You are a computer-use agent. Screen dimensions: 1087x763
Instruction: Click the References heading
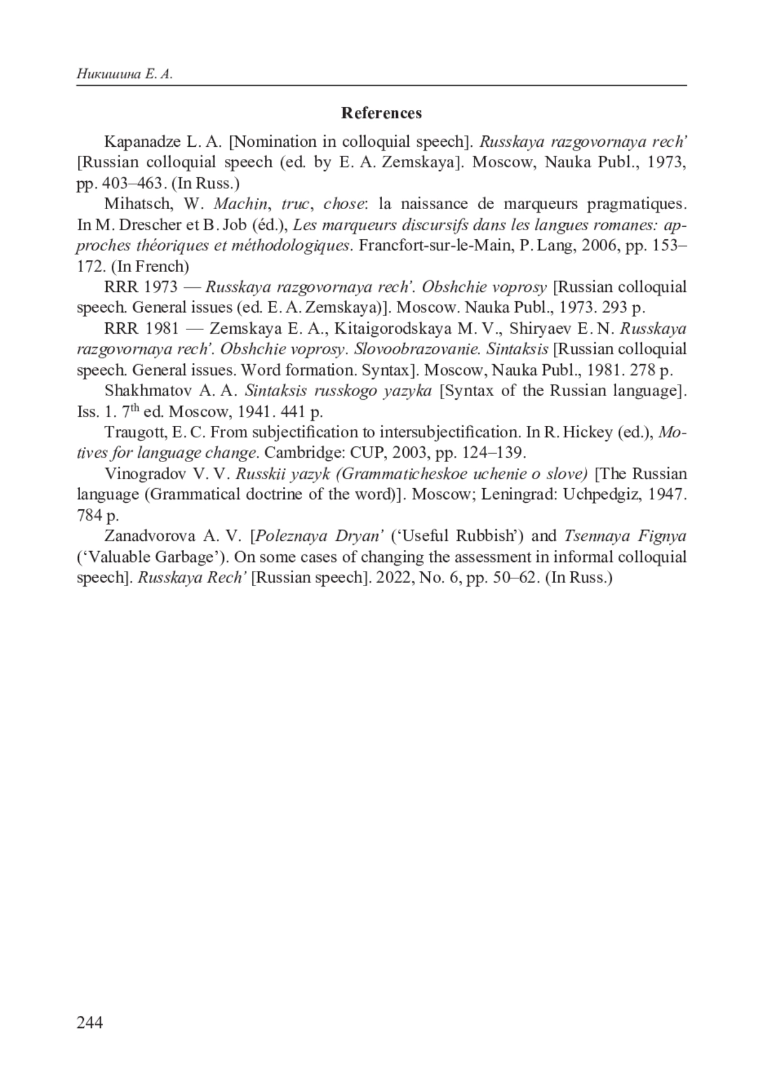[x=381, y=113]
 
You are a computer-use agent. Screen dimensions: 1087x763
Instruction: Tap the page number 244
[x=90, y=1022]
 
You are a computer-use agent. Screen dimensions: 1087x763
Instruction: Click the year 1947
[x=667, y=494]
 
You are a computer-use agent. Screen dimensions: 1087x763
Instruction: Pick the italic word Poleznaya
[x=291, y=536]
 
